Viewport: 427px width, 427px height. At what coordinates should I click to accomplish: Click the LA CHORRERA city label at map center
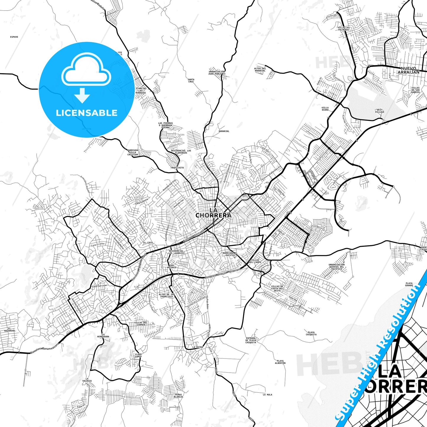pyautogui.click(x=213, y=213)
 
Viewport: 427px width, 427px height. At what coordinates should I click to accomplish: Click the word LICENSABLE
pyautogui.click(x=87, y=113)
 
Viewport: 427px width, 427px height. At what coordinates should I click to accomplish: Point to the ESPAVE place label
pyautogui.click(x=14, y=37)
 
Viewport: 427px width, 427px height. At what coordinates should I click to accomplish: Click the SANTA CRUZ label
pyautogui.click(x=191, y=80)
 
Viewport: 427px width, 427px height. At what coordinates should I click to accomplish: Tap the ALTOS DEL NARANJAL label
pyautogui.click(x=260, y=70)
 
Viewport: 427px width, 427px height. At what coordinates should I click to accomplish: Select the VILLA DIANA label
pyautogui.click(x=325, y=109)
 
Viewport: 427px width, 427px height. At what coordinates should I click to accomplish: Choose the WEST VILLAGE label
pyautogui.click(x=380, y=111)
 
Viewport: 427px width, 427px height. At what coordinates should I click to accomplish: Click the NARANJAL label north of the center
pyautogui.click(x=224, y=131)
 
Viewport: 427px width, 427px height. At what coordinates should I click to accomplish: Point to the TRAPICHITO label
pyautogui.click(x=177, y=168)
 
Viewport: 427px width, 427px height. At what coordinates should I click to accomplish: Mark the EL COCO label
pyautogui.click(x=148, y=243)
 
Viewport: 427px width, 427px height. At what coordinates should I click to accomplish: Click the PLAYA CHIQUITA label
pyautogui.click(x=311, y=333)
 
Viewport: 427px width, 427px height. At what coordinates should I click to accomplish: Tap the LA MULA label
pyautogui.click(x=267, y=394)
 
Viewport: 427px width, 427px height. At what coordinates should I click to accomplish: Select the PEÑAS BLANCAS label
pyautogui.click(x=179, y=396)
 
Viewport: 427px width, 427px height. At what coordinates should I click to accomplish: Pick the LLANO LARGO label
pyautogui.click(x=138, y=355)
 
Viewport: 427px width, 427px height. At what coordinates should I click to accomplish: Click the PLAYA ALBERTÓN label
pyautogui.click(x=280, y=362)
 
